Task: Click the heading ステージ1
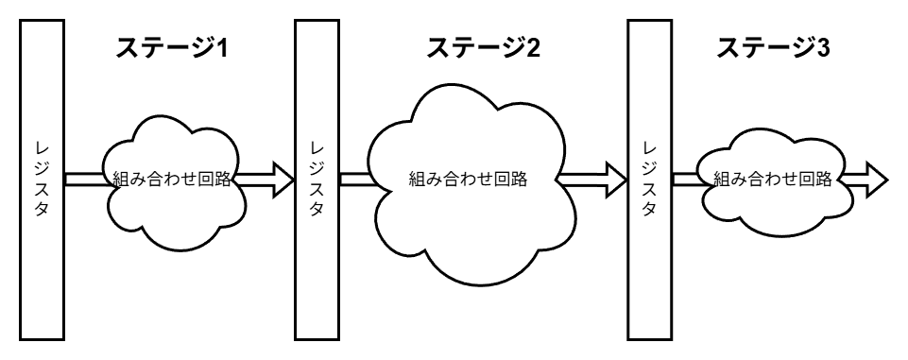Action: (172, 48)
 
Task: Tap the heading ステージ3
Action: (773, 48)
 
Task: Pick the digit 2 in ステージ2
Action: (533, 48)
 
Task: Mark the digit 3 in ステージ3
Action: (823, 48)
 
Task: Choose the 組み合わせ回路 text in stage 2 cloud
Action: (467, 178)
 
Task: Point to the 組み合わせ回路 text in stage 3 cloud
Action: (772, 178)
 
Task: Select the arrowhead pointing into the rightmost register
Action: (613, 178)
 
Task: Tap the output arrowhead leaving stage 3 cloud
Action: (873, 178)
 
